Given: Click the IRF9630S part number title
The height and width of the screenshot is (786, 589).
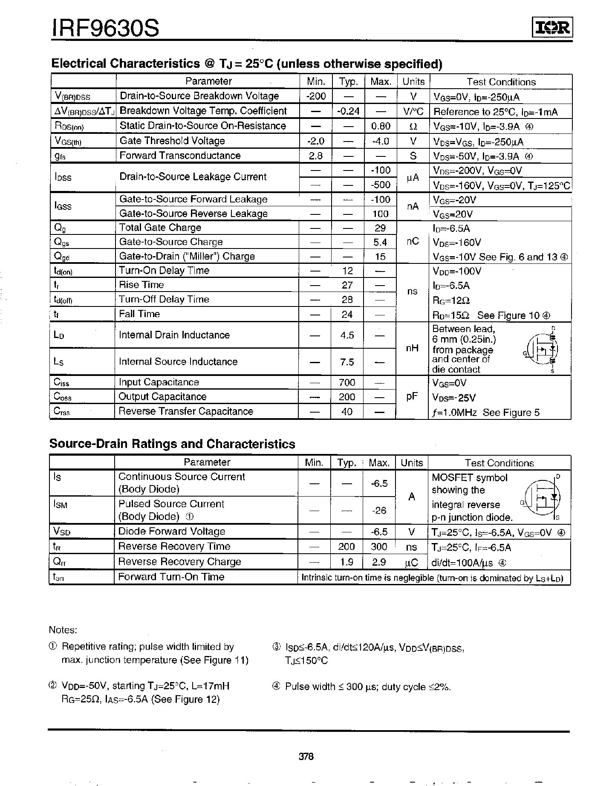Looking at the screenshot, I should (105, 28).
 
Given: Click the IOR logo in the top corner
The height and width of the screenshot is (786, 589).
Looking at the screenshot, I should (553, 28).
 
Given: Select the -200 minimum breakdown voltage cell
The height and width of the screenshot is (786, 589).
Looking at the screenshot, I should (315, 96).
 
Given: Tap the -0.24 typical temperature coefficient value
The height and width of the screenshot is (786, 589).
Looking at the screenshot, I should (348, 111).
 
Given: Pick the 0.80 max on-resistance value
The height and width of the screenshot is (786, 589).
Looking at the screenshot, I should (381, 126).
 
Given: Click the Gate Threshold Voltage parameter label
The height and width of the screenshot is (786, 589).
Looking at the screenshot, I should (172, 141).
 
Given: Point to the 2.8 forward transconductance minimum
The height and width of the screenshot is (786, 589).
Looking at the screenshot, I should (315, 156).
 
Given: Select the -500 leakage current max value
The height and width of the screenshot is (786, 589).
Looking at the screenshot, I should (381, 185).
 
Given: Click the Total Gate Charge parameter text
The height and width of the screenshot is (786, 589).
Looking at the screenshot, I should (160, 228).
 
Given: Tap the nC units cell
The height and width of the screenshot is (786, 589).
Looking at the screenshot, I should (412, 241).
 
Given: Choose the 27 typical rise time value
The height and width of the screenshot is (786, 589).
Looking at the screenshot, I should (347, 285).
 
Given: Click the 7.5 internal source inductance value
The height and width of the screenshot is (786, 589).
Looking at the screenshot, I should (347, 362).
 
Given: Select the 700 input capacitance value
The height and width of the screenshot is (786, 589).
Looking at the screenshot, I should (347, 382).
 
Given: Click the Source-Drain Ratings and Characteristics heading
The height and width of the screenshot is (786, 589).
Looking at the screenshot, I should (172, 444).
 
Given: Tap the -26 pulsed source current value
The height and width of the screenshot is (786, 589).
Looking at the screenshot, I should (379, 510).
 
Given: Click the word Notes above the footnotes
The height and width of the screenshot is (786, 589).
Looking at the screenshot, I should (63, 630).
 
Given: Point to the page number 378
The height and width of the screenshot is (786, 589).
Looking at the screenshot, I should (306, 757).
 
